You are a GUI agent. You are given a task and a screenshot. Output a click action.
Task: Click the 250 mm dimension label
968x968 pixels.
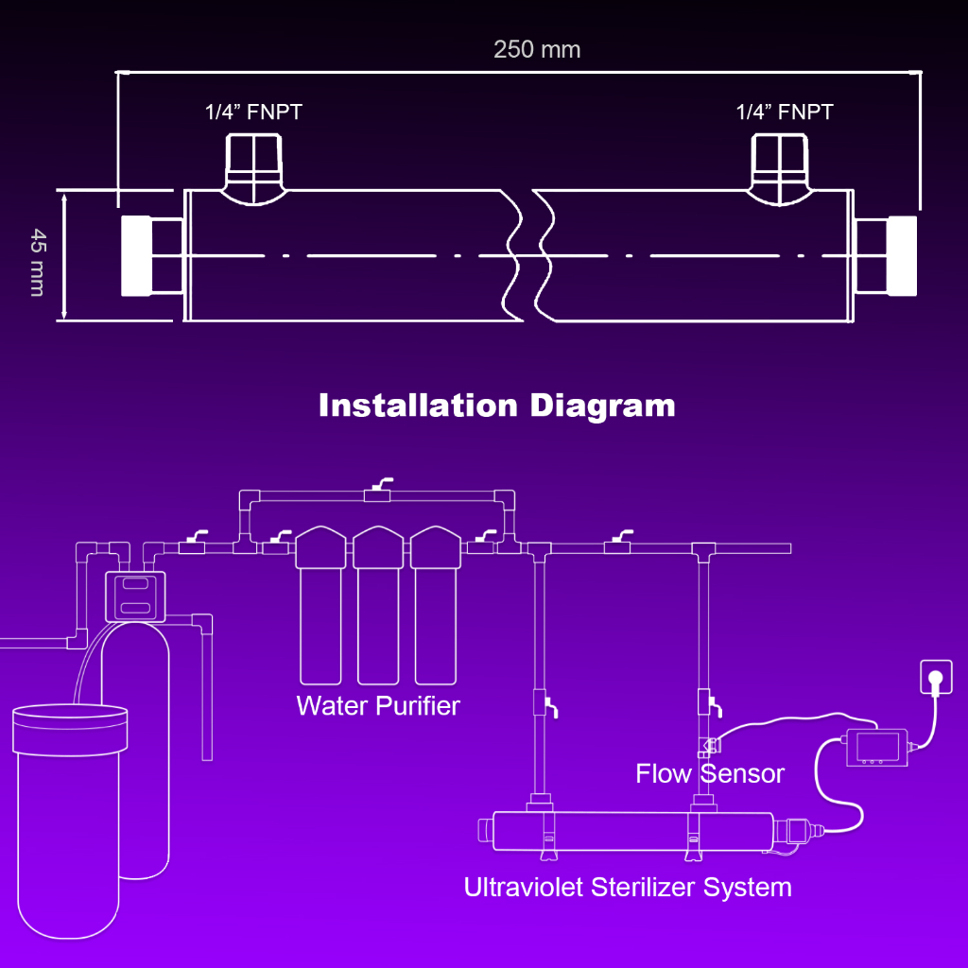click(x=537, y=49)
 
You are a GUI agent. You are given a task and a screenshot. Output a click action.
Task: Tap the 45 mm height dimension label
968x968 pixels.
click(x=37, y=262)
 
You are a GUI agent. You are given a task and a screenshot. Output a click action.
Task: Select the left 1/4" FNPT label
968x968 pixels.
click(x=253, y=112)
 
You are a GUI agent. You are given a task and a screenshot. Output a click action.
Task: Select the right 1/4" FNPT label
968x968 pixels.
click(x=785, y=112)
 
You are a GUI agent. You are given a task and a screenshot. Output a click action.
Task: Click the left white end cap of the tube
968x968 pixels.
click(x=137, y=255)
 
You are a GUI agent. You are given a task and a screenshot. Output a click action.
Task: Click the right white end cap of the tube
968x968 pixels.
click(x=902, y=255)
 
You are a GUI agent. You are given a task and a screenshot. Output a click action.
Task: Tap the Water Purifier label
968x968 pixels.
click(x=378, y=705)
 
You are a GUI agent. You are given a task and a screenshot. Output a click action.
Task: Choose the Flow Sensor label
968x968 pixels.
click(x=710, y=773)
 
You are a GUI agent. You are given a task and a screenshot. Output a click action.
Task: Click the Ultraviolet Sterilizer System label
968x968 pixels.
click(x=628, y=887)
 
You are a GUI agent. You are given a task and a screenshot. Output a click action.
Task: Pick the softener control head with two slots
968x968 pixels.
click(x=133, y=596)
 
